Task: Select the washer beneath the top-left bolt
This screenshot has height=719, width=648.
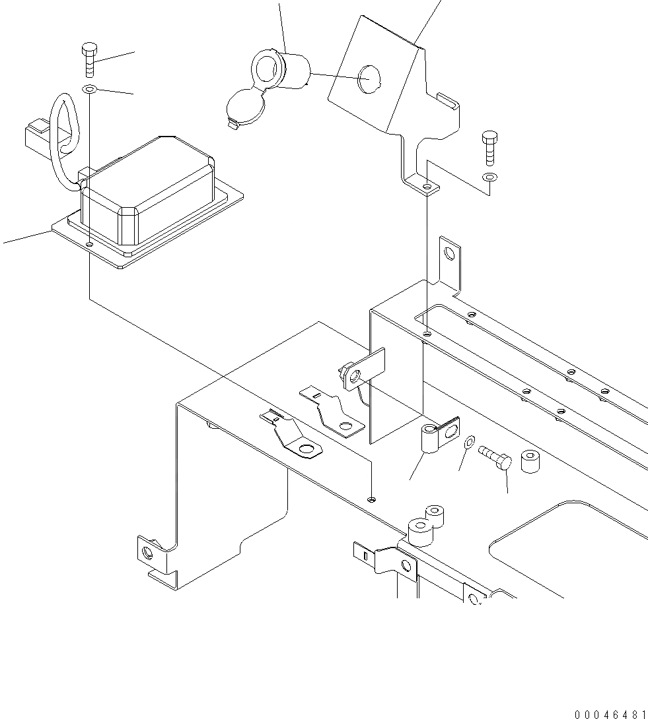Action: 90,88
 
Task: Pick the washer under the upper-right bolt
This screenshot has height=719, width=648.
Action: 488,177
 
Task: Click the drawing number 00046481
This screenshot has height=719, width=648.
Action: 610,714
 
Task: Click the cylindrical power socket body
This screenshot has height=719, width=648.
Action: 291,71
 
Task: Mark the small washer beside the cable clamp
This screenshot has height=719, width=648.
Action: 468,441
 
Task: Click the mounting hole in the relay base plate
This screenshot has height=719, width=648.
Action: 90,244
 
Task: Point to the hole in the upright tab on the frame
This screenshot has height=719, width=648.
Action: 449,253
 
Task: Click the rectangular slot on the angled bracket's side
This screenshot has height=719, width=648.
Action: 447,101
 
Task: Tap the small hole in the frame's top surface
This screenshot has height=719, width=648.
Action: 373,499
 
